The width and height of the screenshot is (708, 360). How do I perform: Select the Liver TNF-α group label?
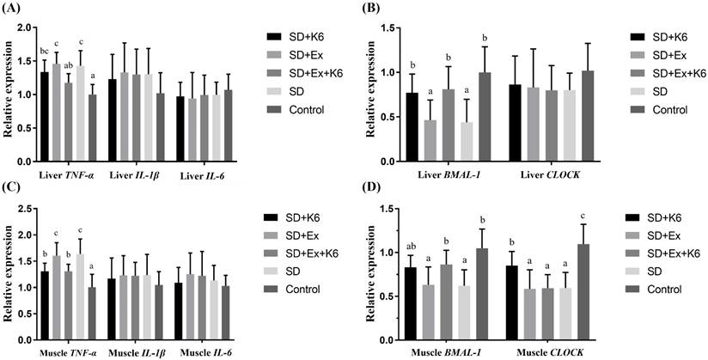point(72,174)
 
